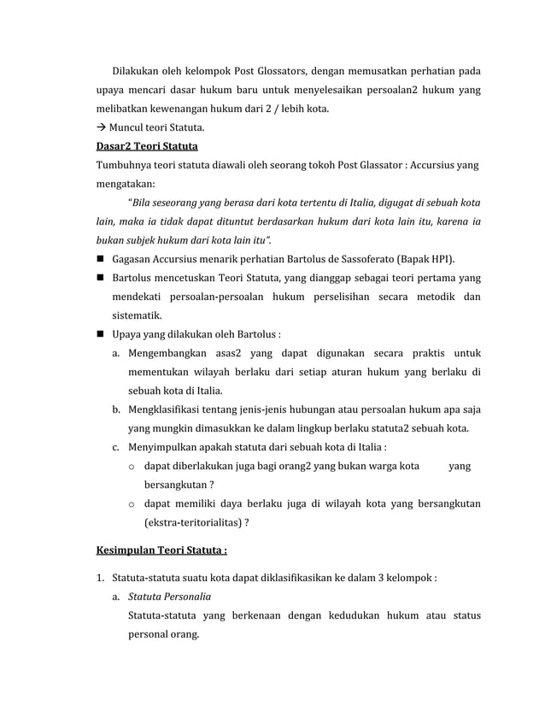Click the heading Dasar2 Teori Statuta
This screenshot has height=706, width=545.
(x=146, y=146)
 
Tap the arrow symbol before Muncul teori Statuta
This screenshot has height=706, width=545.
(x=100, y=128)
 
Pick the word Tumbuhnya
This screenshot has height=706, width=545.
(x=125, y=165)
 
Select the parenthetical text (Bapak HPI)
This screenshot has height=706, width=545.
(x=430, y=259)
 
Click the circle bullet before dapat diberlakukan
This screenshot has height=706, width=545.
(x=132, y=466)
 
